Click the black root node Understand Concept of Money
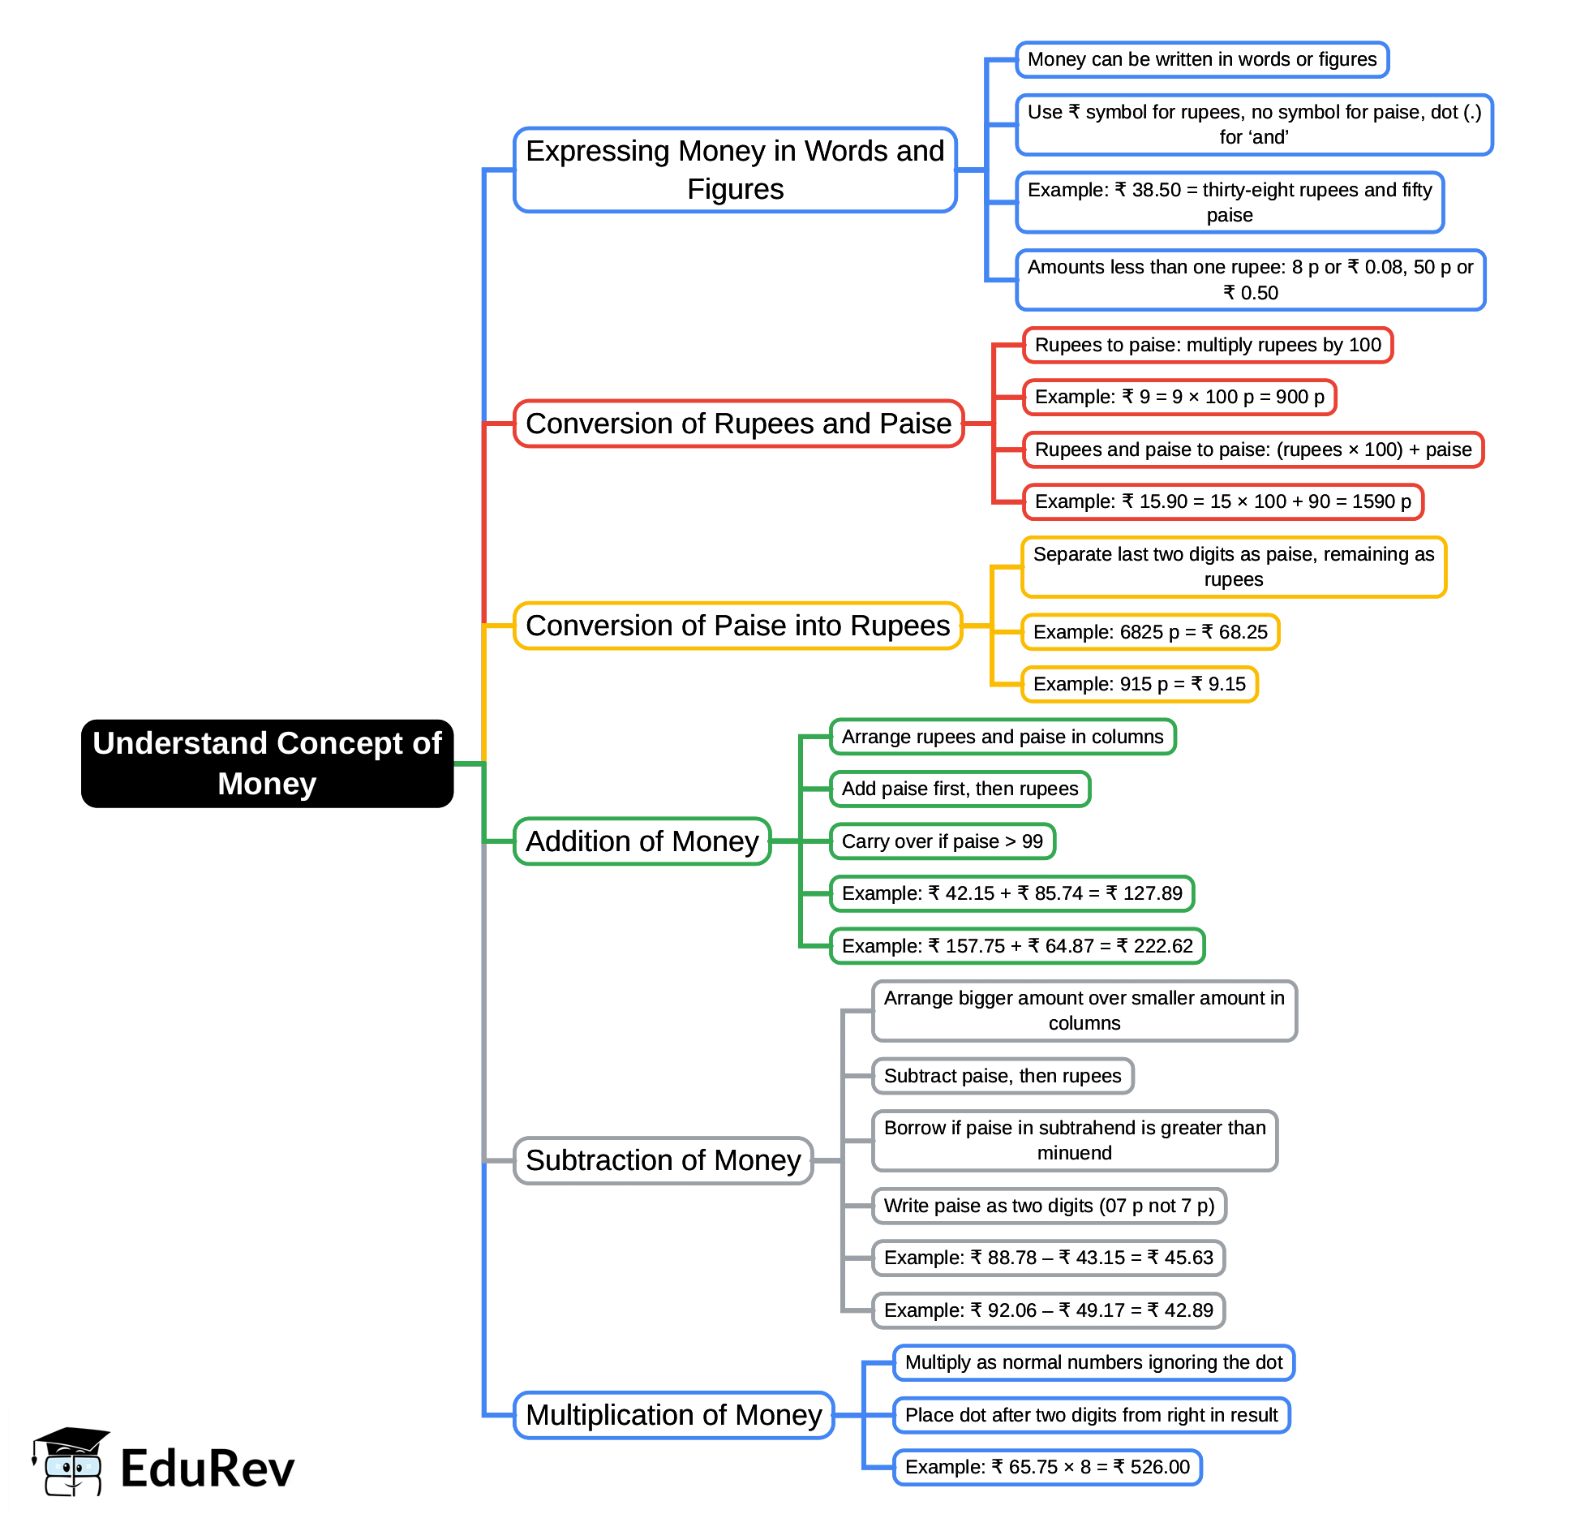tap(267, 763)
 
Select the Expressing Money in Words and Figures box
tap(735, 170)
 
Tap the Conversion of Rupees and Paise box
tap(738, 424)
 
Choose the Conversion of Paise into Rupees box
tap(737, 626)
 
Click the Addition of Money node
tap(642, 841)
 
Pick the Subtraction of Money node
tap(663, 1160)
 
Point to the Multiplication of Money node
tap(673, 1415)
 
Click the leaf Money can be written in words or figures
tap(1201, 59)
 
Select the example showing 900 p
tap(1179, 397)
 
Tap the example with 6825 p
tap(1149, 632)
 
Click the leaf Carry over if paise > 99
tap(942, 841)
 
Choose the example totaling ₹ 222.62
tap(1016, 946)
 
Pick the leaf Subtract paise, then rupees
tap(1002, 1076)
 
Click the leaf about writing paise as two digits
tap(1048, 1206)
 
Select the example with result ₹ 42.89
tap(1048, 1310)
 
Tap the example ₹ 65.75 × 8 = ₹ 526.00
tap(1046, 1467)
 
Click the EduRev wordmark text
tap(207, 1469)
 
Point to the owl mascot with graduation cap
tap(71, 1462)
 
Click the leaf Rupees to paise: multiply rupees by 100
tap(1207, 345)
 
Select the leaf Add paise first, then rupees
tap(960, 789)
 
